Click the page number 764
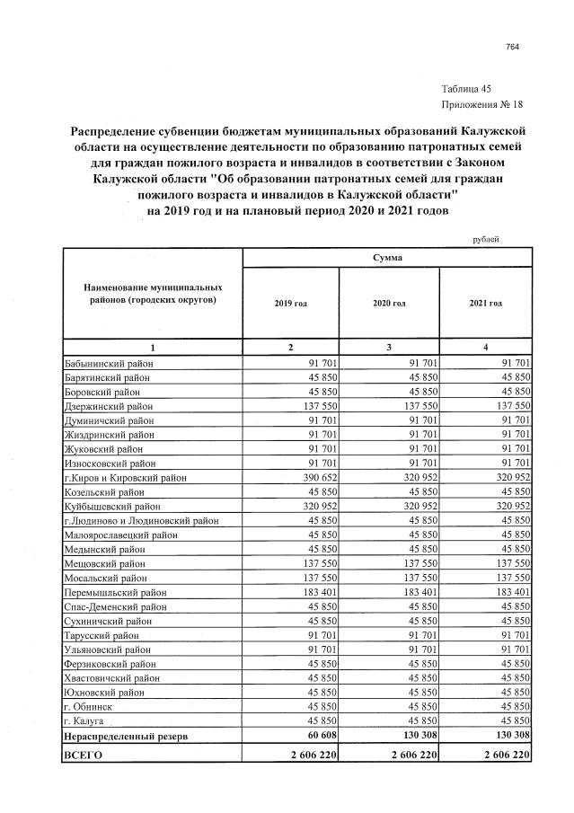pos(513,47)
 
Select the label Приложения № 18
pos(481,103)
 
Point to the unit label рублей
pos(484,238)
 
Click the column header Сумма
pos(387,257)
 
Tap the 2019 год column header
pos(290,304)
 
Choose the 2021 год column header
pos(485,304)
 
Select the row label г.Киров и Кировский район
pos(125,479)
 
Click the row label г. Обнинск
pos(87,707)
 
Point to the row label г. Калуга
pos(85,721)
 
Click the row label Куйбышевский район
pos(109,508)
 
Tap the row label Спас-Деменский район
pos(112,607)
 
